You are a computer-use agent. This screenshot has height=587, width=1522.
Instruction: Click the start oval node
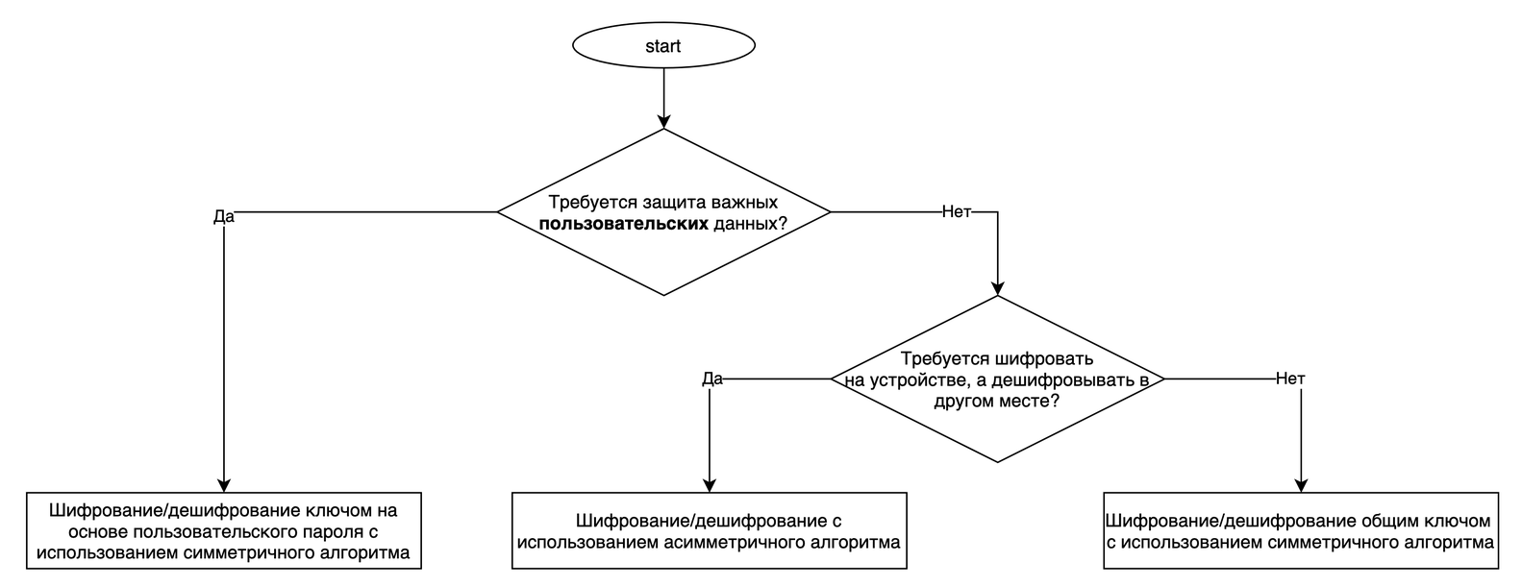(x=663, y=45)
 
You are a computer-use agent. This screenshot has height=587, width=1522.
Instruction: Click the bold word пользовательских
(x=624, y=224)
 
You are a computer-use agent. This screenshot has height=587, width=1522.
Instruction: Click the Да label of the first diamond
(x=223, y=216)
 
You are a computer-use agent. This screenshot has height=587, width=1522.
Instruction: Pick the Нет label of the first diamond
(x=956, y=211)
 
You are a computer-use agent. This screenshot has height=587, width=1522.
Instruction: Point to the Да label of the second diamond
(x=711, y=379)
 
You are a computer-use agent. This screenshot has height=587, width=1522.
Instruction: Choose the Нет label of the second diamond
(x=1290, y=379)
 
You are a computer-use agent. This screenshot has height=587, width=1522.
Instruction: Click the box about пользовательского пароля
(x=223, y=531)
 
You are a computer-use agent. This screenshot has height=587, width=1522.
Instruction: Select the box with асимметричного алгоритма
(x=709, y=531)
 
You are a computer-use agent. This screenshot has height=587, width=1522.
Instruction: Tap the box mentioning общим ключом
(x=1301, y=531)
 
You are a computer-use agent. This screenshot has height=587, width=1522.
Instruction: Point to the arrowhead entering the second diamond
(x=998, y=286)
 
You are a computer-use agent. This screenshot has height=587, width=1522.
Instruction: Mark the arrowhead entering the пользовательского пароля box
(x=223, y=485)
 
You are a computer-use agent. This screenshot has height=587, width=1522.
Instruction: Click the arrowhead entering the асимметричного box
(x=710, y=485)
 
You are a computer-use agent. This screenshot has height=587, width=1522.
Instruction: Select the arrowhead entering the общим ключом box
(x=1302, y=485)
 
